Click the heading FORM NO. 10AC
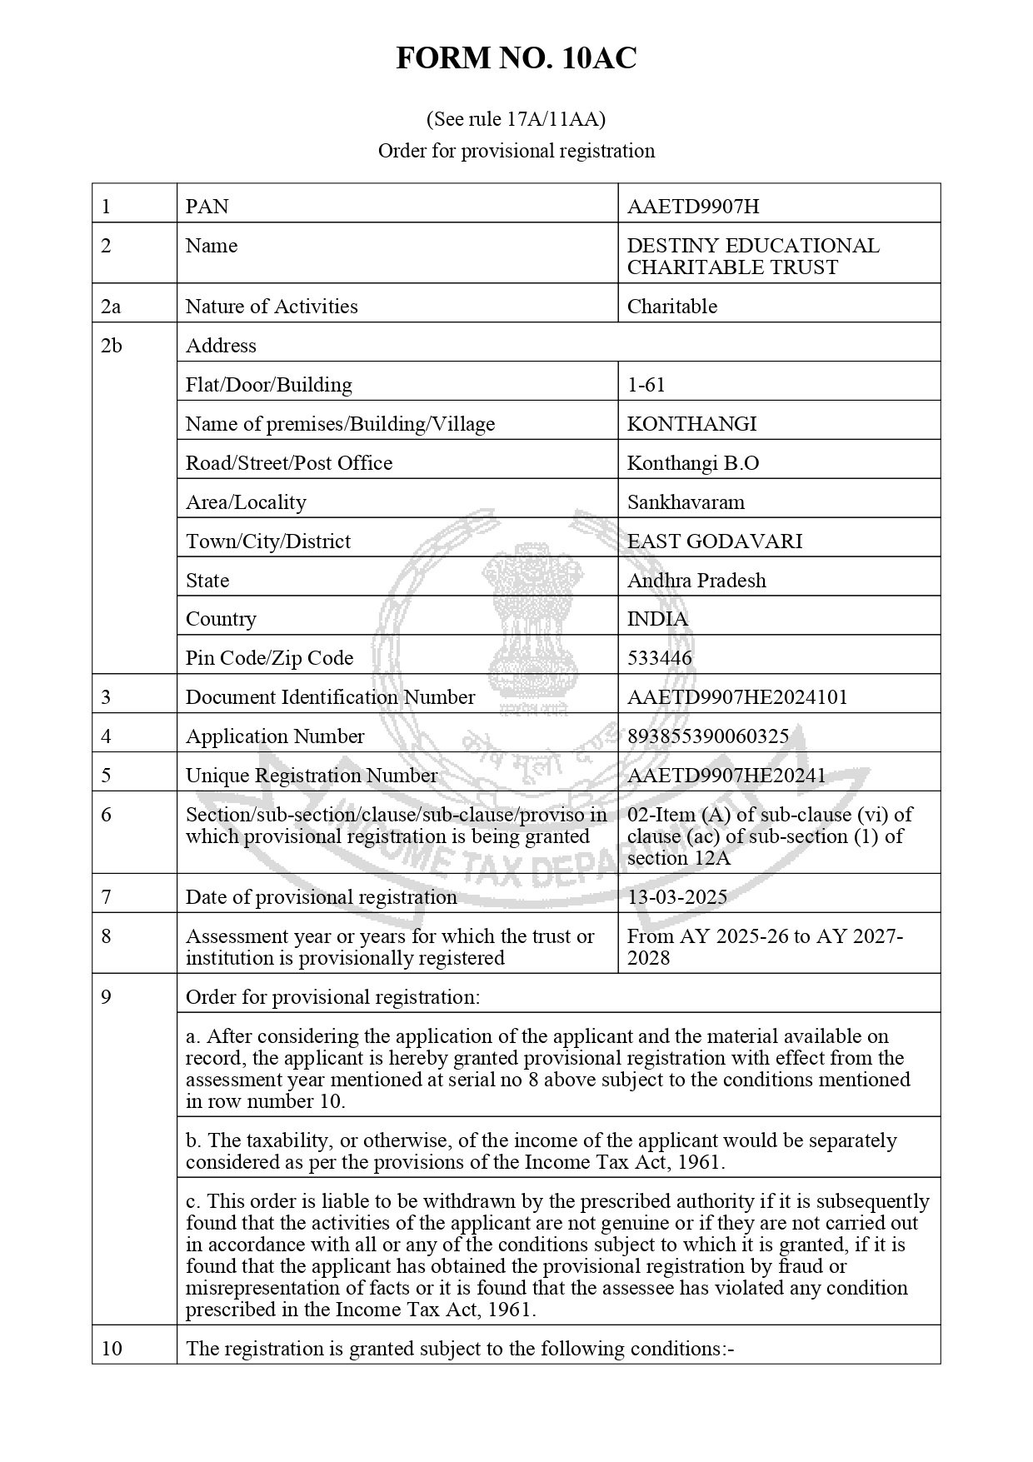516,58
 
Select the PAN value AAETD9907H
692,207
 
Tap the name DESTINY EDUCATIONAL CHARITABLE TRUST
752,257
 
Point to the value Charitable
671,307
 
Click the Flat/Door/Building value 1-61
646,385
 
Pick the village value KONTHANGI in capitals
691,424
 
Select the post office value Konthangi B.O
692,463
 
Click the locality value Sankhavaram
686,502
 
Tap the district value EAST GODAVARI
714,541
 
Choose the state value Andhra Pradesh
696,581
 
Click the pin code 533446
659,658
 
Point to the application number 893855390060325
707,736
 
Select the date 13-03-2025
676,897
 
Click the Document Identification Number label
330,697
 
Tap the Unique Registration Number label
311,776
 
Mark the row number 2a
110,307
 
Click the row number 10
111,1348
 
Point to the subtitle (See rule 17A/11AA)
516,119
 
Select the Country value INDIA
657,619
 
